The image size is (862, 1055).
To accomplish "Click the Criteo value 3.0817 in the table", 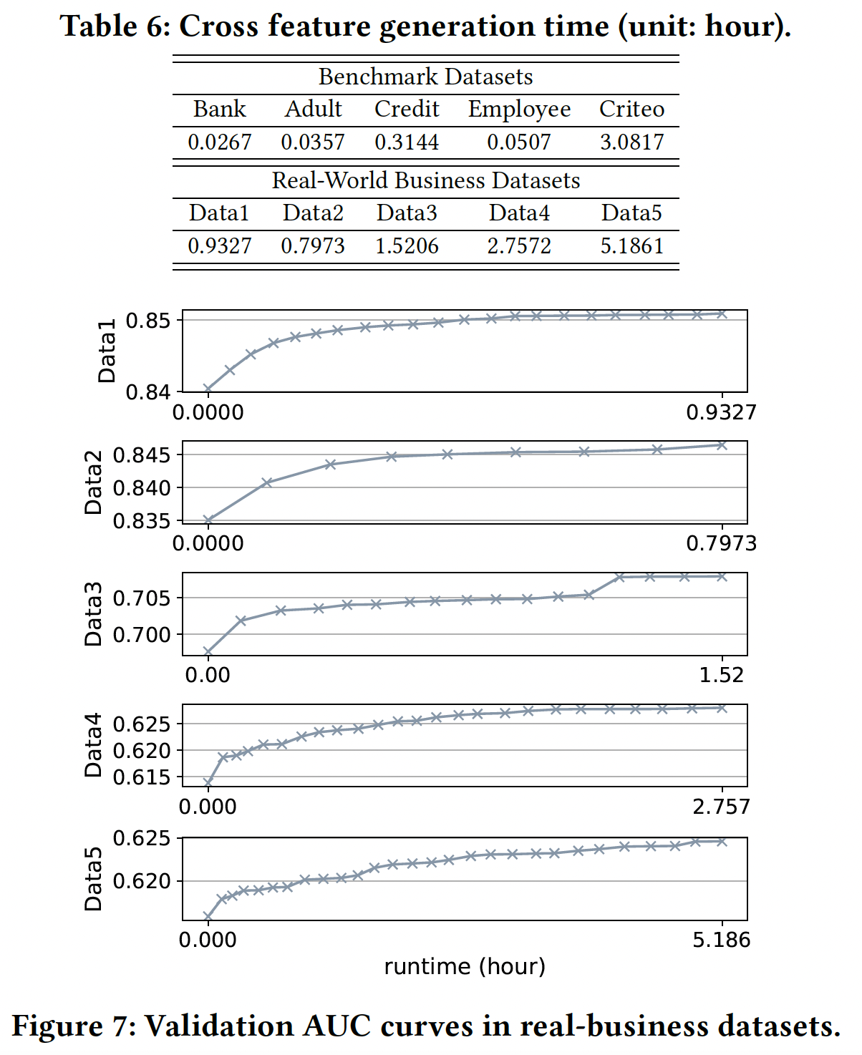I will (x=631, y=142).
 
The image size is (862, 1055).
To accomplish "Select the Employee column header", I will (x=519, y=109).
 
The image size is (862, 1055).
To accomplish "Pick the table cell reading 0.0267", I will (x=219, y=142).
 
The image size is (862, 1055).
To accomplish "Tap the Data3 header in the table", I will (x=407, y=213).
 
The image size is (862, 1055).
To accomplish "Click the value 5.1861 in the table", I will (x=631, y=245).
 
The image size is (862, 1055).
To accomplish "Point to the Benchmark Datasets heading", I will (x=425, y=77).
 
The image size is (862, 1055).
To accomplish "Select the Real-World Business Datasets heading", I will (x=425, y=180).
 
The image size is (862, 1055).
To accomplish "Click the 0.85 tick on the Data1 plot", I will (x=148, y=320).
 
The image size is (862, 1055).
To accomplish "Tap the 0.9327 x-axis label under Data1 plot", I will (x=721, y=412).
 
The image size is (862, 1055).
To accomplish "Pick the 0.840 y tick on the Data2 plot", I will (x=142, y=487).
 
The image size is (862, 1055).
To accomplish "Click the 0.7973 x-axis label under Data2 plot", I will (x=721, y=543).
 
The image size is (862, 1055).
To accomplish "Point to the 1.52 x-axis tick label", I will (x=721, y=675).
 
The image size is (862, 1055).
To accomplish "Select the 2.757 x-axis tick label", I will (x=721, y=807).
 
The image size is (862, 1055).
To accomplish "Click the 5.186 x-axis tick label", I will (x=721, y=940).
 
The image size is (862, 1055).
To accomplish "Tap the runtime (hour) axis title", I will (x=465, y=966).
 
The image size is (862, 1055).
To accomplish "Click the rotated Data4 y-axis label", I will (x=94, y=745).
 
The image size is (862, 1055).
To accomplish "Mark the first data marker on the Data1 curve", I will (x=208, y=389).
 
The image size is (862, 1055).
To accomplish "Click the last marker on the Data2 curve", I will (x=722, y=445).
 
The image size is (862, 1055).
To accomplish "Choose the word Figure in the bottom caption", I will (x=59, y=1026).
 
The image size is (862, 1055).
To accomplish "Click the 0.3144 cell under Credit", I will (x=407, y=142).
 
